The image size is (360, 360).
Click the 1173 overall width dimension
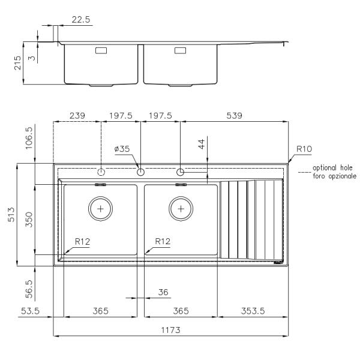[x=170, y=330]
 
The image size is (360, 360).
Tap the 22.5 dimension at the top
[x=81, y=20]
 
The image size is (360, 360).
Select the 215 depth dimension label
[x=17, y=63]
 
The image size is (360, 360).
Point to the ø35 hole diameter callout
[x=122, y=149]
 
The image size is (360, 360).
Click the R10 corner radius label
[x=304, y=149]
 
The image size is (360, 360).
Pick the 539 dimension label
[x=234, y=115]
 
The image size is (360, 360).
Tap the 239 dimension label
[x=77, y=115]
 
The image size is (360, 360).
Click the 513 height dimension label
[x=11, y=215]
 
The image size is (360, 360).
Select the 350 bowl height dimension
[x=29, y=220]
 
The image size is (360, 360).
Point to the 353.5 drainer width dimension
[x=253, y=311]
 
